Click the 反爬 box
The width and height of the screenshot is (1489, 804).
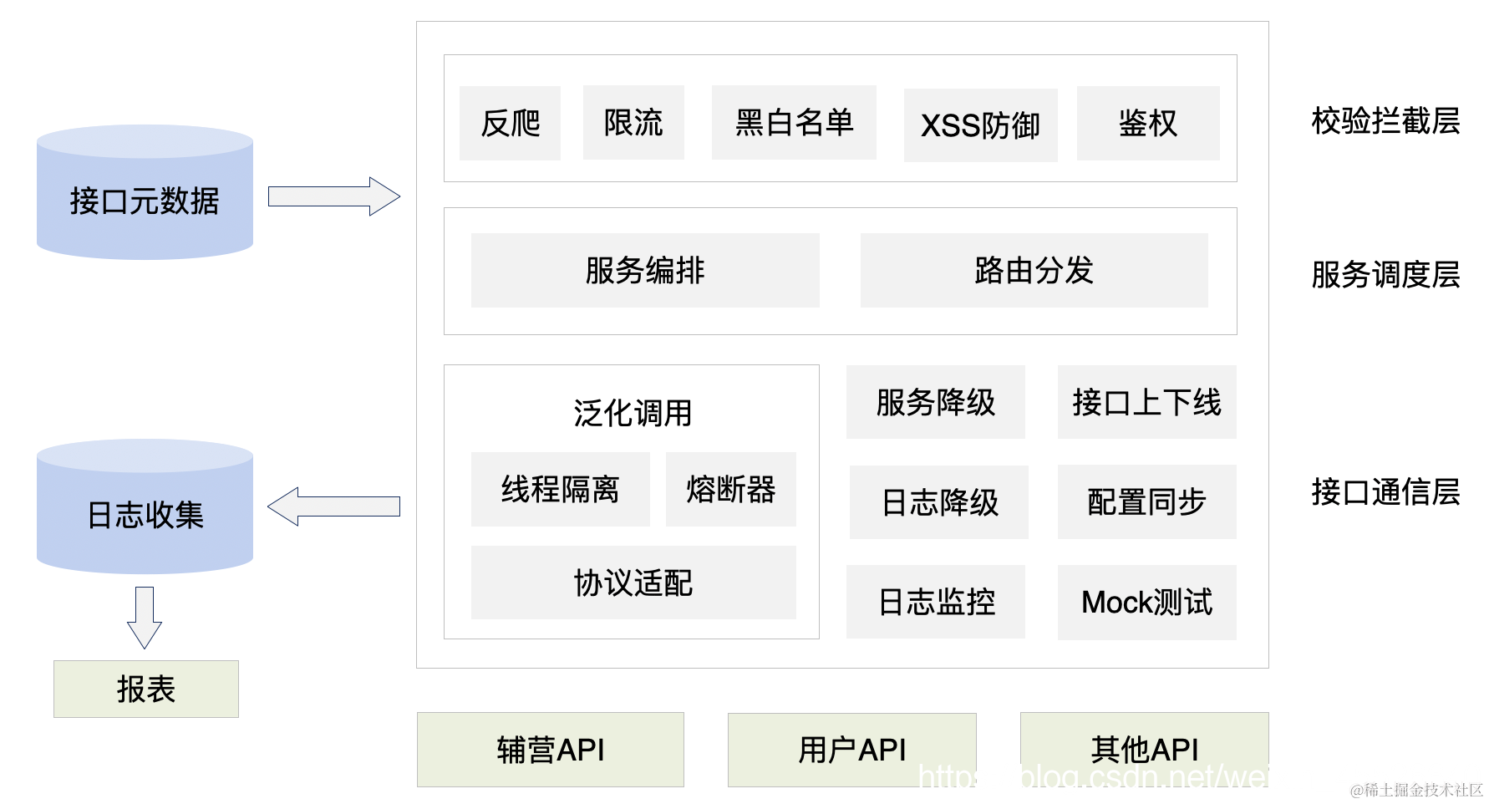[510, 123]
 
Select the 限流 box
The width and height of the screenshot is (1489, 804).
[633, 122]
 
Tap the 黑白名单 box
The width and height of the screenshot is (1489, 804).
[794, 122]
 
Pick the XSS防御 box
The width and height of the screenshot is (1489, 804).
[980, 125]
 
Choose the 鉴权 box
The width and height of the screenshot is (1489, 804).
[1147, 123]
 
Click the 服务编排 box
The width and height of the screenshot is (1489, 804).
[644, 270]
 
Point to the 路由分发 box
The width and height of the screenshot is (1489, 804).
[1034, 270]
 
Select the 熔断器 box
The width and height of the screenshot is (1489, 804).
[730, 489]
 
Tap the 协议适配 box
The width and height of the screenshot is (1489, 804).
[633, 583]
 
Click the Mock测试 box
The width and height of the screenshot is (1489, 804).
[1146, 602]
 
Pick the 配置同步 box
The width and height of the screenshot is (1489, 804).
[1146, 501]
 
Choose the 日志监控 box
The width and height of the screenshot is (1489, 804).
[936, 602]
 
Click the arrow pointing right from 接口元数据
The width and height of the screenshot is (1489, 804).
[333, 196]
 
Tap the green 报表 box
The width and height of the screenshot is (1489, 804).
[145, 689]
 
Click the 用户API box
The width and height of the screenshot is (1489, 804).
[851, 750]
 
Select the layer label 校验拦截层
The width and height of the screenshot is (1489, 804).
[1385, 121]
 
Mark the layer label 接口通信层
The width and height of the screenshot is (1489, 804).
[1385, 491]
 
